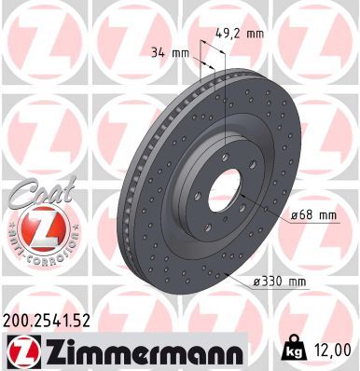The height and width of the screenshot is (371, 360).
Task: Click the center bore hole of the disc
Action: [224, 191]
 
